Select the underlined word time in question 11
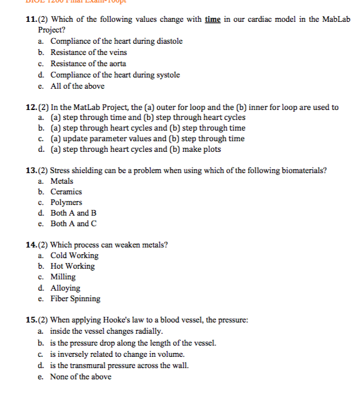pyautogui.click(x=212, y=19)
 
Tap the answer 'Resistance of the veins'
pyautogui.click(x=88, y=52)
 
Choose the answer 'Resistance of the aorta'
pyautogui.click(x=88, y=64)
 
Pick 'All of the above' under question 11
pyautogui.click(x=77, y=86)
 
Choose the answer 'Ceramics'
pyautogui.click(x=66, y=192)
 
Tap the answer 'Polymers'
pyautogui.click(x=66, y=202)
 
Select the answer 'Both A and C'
pyautogui.click(x=74, y=224)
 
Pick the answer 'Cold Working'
pyautogui.click(x=74, y=256)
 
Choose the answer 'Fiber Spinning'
pyautogui.click(x=76, y=299)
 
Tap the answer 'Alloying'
pyautogui.click(x=65, y=288)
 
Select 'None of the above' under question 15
pyautogui.click(x=81, y=376)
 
